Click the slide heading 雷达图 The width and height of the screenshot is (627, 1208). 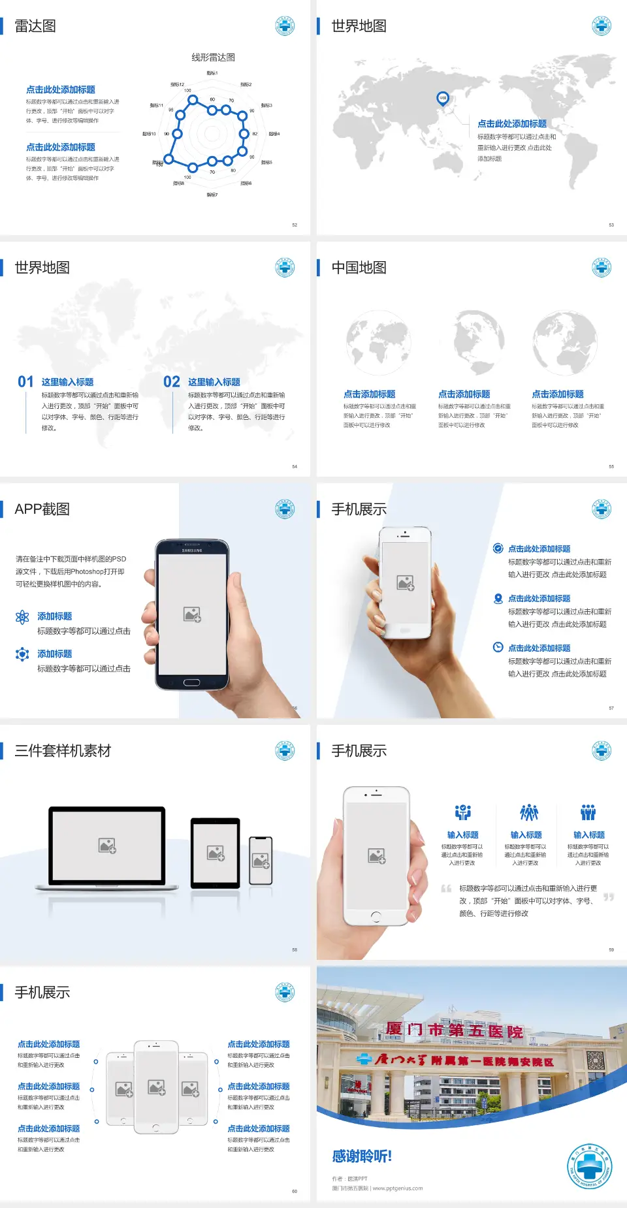35,26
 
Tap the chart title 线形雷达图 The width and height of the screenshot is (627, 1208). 213,57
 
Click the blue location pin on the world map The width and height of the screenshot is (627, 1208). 443,99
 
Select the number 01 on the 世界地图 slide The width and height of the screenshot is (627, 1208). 25,382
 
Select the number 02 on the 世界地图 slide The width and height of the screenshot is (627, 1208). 172,382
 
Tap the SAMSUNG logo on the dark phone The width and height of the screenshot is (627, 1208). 192,550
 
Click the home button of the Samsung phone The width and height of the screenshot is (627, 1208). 191,682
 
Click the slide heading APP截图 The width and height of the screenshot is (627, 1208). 42,509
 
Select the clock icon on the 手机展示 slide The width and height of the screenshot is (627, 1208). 498,647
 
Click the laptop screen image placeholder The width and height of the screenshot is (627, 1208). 107,846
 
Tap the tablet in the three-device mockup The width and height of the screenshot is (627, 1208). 215,852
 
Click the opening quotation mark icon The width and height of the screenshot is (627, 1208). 446,889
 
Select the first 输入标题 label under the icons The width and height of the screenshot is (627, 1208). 462,835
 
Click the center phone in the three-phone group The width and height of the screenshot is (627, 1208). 156,1087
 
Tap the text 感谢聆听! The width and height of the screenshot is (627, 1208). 362,1156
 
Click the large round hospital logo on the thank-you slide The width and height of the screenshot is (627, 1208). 590,1166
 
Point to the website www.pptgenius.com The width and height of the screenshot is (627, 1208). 398,1188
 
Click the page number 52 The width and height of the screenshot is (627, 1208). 295,225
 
